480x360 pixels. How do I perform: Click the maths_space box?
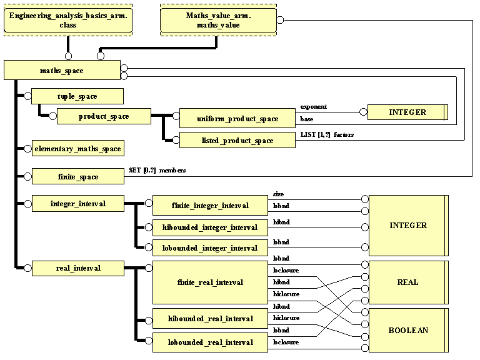tap(61, 70)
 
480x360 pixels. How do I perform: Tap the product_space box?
tap(103, 116)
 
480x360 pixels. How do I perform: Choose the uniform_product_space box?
tap(237, 118)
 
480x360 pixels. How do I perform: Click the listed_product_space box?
tap(237, 140)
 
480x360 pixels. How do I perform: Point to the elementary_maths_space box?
tap(77, 148)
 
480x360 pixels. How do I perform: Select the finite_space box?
tap(77, 177)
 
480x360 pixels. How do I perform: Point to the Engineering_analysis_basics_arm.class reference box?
tap(67, 19)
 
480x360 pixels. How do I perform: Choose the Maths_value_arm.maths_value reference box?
tap(217, 19)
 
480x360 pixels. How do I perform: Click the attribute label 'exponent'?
tap(314, 107)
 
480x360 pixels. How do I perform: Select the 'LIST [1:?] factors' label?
tap(327, 134)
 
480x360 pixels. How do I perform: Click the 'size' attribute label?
tap(279, 194)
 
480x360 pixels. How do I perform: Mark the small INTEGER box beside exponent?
tap(407, 112)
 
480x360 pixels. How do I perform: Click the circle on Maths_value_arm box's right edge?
tap(281, 20)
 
